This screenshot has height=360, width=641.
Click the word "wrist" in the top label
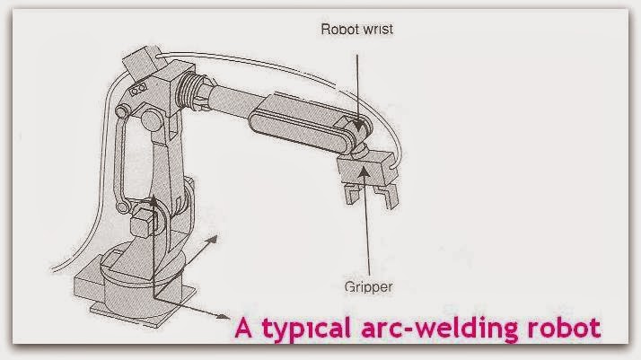coord(377,28)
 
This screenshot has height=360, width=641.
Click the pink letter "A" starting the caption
coord(242,328)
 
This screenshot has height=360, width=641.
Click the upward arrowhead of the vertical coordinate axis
coord(154,204)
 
